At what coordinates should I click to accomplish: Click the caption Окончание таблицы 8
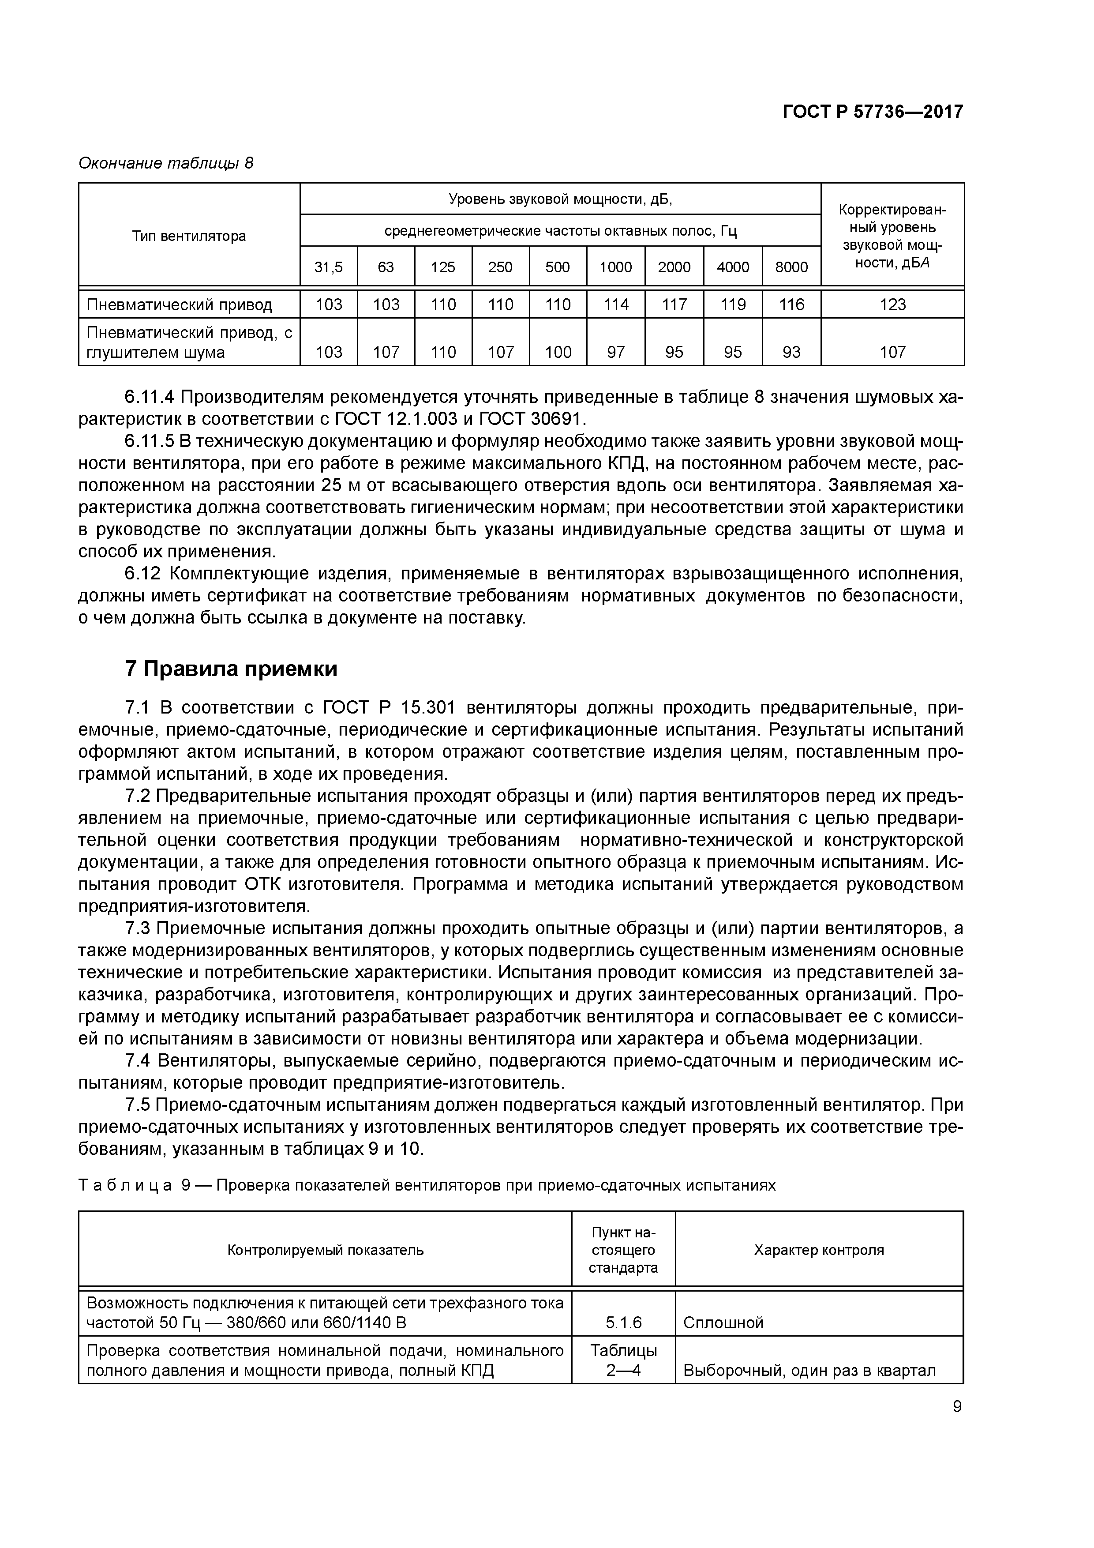pyautogui.click(x=166, y=163)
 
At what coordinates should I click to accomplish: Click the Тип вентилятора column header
pyautogui.click(x=189, y=237)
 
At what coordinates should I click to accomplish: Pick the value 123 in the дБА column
pyautogui.click(x=892, y=305)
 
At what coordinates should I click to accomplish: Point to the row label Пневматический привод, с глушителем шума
pyautogui.click(x=189, y=342)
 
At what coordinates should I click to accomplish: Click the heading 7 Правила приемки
pyautogui.click(x=231, y=669)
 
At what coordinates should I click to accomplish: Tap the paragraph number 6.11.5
pyautogui.click(x=150, y=442)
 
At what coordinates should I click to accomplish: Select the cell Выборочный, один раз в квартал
pyautogui.click(x=809, y=1371)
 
